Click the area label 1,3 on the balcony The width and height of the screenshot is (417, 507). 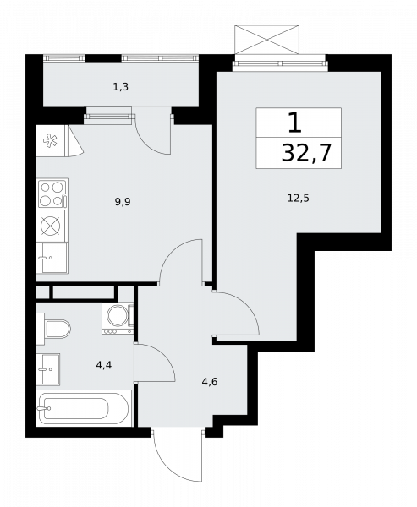tap(121, 87)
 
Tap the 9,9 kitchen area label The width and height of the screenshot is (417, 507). tap(123, 202)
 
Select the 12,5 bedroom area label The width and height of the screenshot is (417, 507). tap(299, 198)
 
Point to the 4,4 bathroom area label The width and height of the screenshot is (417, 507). tap(104, 365)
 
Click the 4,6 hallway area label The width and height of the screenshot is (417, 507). tap(210, 382)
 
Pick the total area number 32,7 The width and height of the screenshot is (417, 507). tap(306, 153)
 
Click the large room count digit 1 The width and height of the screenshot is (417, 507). tap(294, 123)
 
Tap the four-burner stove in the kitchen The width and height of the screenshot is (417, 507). tap(52, 194)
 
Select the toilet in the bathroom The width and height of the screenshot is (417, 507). tap(53, 329)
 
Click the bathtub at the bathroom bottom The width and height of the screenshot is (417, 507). tap(85, 408)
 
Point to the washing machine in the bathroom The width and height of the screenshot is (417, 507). tap(118, 319)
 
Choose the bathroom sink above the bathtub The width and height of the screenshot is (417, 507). tap(48, 369)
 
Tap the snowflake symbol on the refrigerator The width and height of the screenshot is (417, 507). tap(50, 141)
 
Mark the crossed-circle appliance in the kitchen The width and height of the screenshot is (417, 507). tap(51, 226)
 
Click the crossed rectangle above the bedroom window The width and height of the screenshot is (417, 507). tap(266, 40)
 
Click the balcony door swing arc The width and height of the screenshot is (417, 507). tap(145, 143)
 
